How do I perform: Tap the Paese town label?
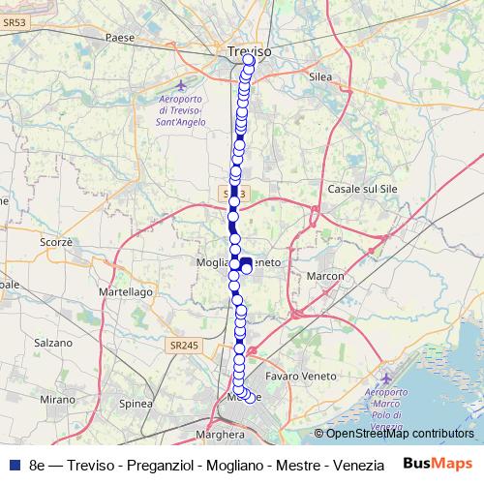click(121, 39)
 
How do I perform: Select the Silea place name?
click(319, 76)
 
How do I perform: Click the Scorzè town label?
click(57, 242)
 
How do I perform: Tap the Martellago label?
click(127, 290)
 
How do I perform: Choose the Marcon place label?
click(325, 277)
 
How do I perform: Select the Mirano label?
click(57, 398)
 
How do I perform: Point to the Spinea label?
click(136, 404)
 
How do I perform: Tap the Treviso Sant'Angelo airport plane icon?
click(181, 85)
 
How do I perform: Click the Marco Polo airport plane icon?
click(387, 377)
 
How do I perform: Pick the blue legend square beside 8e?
click(14, 464)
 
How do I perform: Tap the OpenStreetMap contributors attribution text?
click(399, 433)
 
